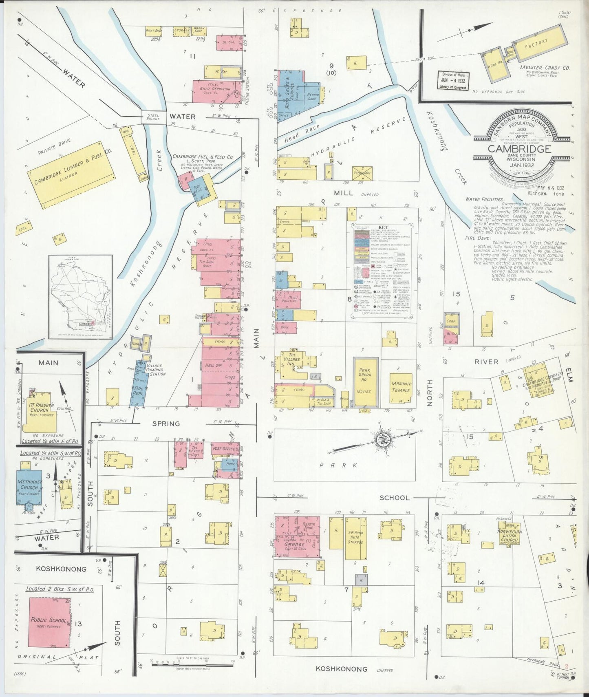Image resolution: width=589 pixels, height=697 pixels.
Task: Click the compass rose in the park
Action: pos(384,439)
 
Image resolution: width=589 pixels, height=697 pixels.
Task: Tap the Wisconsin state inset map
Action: pos(81,297)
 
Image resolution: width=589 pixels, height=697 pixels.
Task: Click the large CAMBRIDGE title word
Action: pos(519,149)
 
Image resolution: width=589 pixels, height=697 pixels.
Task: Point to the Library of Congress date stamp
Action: pos(453,81)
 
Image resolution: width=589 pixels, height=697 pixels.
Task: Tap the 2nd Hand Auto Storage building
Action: pos(354,539)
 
